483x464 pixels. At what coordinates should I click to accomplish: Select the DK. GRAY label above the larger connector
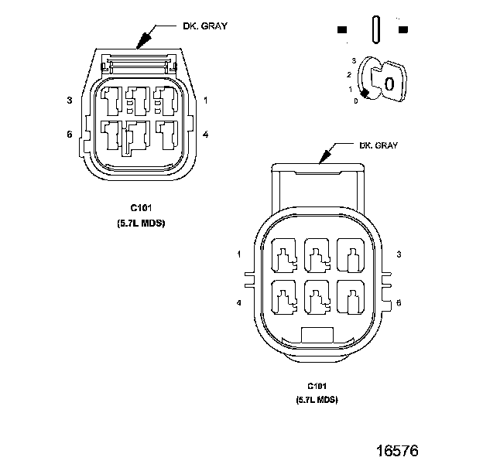point(379,145)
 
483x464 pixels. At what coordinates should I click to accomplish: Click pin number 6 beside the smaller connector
point(70,135)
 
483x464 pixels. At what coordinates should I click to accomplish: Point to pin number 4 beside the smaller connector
point(205,135)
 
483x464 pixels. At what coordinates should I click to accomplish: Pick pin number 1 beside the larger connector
point(239,254)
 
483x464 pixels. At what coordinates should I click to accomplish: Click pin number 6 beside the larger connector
point(398,303)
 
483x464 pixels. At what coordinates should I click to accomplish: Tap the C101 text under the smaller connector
point(140,208)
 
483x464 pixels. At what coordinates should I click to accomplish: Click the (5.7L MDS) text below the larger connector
point(317,400)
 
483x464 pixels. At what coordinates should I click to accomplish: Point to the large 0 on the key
point(389,84)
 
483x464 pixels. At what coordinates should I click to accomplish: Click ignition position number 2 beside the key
point(349,74)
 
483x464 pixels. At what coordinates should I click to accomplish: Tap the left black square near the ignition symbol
point(342,29)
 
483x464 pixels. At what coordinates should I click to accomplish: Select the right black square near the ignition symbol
point(402,29)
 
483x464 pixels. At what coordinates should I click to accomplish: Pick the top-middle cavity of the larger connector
point(317,254)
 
